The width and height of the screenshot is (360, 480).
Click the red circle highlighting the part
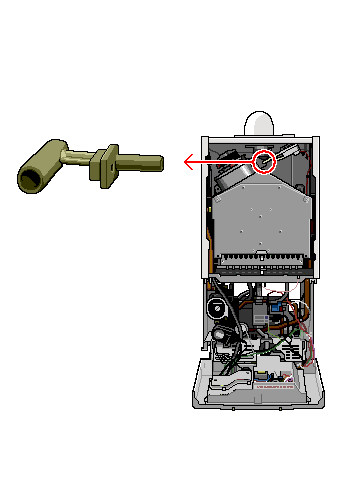[x=264, y=160]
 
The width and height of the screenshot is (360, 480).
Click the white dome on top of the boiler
[x=260, y=122]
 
